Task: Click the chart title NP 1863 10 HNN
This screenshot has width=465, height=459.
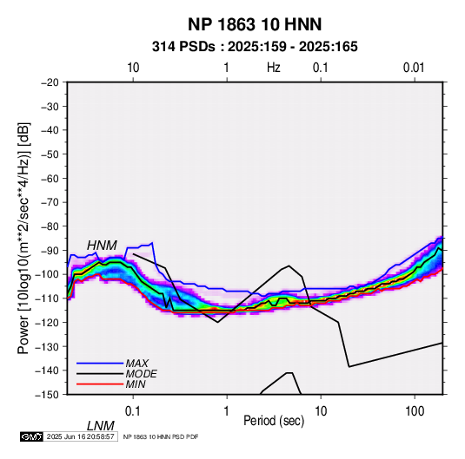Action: click(x=255, y=24)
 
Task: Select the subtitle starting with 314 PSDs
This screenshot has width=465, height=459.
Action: click(x=255, y=47)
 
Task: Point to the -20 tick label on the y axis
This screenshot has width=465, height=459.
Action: click(x=50, y=82)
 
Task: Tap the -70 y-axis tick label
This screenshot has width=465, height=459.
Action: click(x=50, y=202)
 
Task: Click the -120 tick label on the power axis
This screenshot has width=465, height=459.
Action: click(x=47, y=322)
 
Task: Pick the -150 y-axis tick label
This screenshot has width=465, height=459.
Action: click(x=47, y=395)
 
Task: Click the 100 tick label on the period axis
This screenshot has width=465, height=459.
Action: click(x=415, y=411)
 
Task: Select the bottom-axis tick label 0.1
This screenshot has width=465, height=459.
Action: click(x=133, y=411)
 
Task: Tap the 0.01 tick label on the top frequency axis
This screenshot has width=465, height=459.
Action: click(x=414, y=68)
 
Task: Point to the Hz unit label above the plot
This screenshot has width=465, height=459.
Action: click(x=273, y=68)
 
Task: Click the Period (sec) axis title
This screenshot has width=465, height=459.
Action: click(x=274, y=421)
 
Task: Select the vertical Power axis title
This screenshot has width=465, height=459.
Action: click(x=23, y=238)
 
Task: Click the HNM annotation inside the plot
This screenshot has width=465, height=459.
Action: click(x=102, y=246)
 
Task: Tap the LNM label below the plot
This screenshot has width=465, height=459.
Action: click(x=101, y=426)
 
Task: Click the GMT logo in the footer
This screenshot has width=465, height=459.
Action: click(x=32, y=436)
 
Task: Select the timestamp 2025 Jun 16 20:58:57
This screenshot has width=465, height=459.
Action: click(x=80, y=436)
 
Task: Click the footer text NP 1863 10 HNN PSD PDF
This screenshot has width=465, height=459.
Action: click(x=161, y=436)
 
